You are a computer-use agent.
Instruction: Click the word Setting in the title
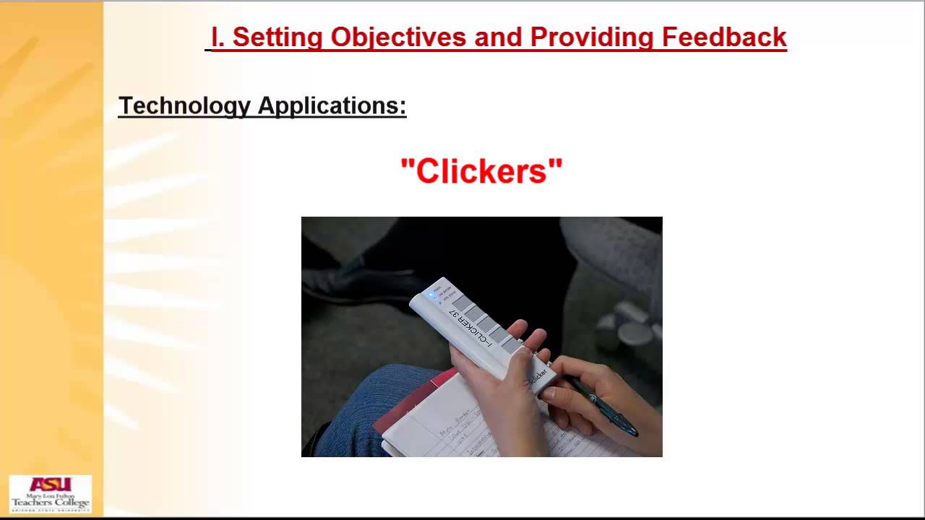[x=275, y=37]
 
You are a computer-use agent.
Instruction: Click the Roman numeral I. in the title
[x=218, y=37]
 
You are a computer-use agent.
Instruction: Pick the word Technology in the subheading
[x=184, y=105]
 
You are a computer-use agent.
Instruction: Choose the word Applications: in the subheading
[x=332, y=105]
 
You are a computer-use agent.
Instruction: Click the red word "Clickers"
[x=481, y=171]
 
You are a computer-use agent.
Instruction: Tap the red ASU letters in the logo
[x=51, y=485]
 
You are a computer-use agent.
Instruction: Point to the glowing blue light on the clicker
[x=433, y=295]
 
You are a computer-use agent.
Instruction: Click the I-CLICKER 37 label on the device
[x=470, y=329]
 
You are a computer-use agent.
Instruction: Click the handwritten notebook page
[x=462, y=426]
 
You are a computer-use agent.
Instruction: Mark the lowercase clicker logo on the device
[x=539, y=376]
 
